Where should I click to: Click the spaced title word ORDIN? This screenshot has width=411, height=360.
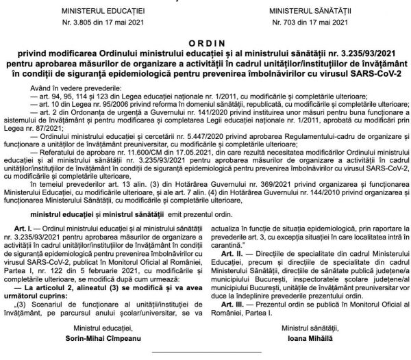point(205,40)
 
